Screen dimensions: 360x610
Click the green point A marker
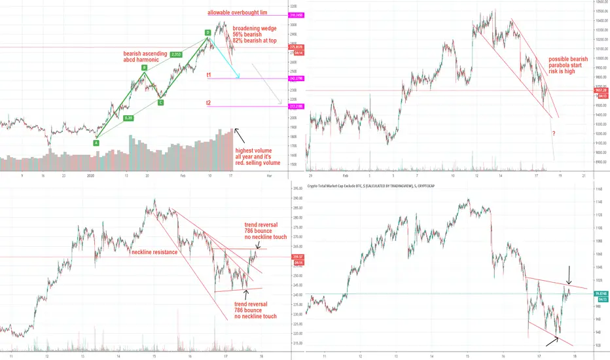tap(96, 143)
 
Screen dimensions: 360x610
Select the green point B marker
tap(145, 67)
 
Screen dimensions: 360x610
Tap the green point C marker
tap(160, 103)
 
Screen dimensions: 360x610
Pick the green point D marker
tap(207, 32)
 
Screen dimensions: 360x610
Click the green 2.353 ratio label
tap(177, 54)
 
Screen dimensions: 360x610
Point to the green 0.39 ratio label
tap(130, 118)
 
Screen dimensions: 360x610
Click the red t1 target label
tap(208, 75)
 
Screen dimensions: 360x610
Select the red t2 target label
tap(208, 103)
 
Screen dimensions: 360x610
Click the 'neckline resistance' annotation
tap(154, 252)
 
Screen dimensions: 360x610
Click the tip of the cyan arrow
tap(239, 79)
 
